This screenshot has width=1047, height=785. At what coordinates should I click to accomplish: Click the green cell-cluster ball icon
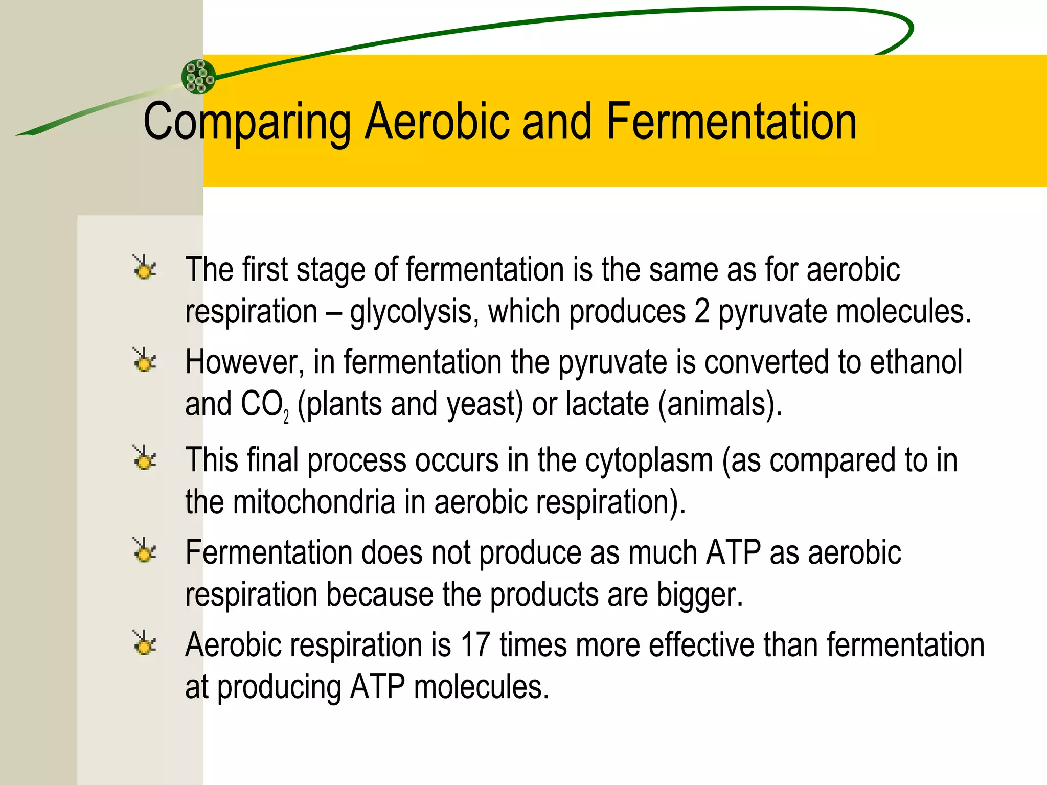click(198, 77)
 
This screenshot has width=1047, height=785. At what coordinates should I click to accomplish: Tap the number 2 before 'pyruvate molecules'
click(701, 311)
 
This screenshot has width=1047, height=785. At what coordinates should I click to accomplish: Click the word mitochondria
click(314, 502)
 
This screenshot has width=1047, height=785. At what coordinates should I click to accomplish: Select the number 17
click(475, 645)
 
